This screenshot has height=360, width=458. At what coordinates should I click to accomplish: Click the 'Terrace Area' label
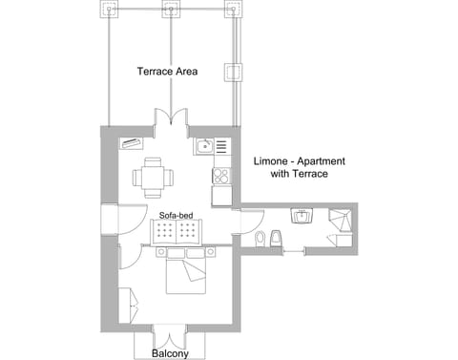(x=167, y=72)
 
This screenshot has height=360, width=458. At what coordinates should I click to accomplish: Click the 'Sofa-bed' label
(x=177, y=216)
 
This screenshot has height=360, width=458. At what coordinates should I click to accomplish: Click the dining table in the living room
(x=153, y=175)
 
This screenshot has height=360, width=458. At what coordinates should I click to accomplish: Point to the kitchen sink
(x=204, y=146)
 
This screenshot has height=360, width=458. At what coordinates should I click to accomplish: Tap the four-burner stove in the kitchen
(x=221, y=176)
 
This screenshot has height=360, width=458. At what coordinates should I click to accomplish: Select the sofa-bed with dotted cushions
(x=177, y=233)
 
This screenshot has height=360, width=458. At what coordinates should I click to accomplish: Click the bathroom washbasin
(x=302, y=217)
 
